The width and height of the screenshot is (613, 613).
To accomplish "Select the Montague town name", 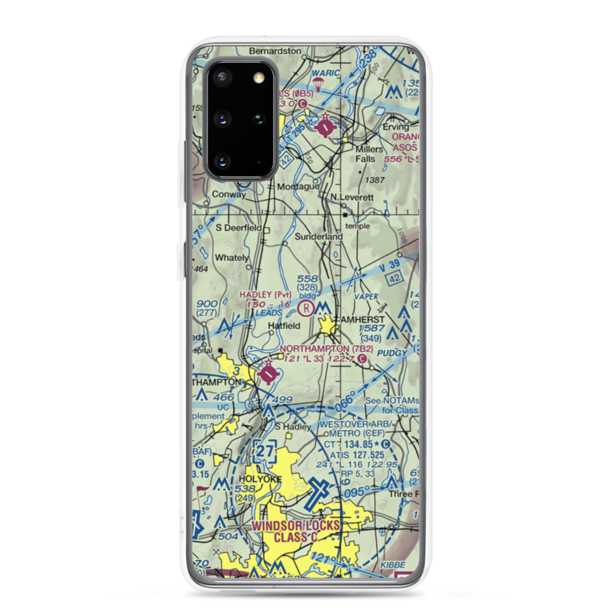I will coord(299,186).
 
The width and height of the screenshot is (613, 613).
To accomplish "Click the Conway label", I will coord(229,194).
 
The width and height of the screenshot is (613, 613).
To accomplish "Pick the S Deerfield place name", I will coord(238,228).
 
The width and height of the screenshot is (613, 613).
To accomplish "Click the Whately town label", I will coord(232,258).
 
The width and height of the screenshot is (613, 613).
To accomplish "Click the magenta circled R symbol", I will coord(306,306).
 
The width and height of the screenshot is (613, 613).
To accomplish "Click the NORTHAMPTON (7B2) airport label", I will coord(322,349).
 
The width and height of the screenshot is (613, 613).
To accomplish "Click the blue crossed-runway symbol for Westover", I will coord(321,492).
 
